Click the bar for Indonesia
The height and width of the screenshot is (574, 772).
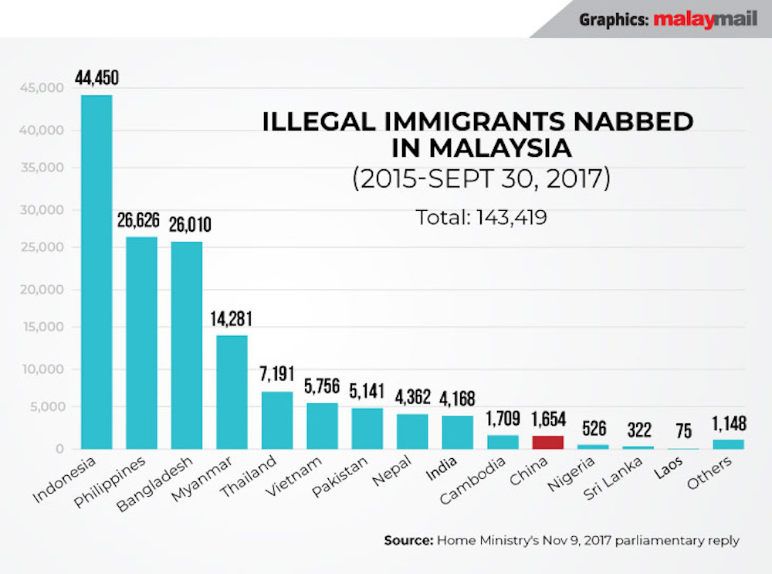[96, 270]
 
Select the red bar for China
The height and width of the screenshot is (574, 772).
[547, 442]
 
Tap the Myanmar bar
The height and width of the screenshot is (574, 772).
[232, 392]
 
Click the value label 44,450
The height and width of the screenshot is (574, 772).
[96, 78]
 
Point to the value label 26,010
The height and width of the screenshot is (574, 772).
[186, 225]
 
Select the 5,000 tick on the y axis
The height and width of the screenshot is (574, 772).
[43, 408]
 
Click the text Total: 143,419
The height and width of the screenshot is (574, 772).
[482, 218]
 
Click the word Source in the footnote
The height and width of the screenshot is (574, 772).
[407, 541]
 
